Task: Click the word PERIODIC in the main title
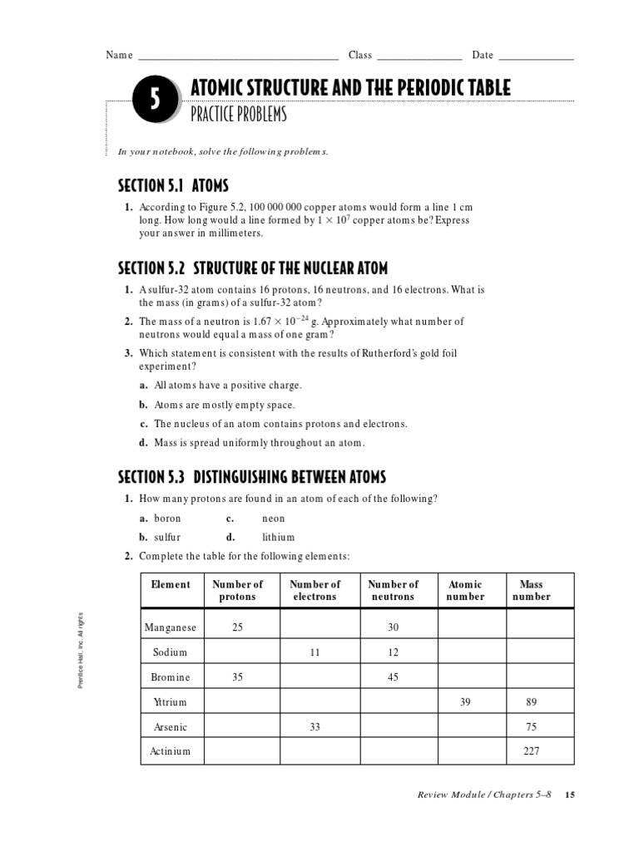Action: (x=409, y=87)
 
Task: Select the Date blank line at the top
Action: (x=536, y=57)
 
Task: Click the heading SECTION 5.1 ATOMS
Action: (x=173, y=185)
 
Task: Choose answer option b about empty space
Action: (x=224, y=405)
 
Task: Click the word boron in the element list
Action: (x=167, y=518)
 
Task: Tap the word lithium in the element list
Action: (x=279, y=537)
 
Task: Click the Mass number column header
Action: (x=531, y=590)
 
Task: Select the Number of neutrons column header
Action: (x=394, y=590)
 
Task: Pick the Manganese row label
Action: (x=171, y=627)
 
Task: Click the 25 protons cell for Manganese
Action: (x=238, y=627)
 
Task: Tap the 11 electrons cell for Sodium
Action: (x=315, y=652)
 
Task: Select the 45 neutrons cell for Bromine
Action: (x=394, y=677)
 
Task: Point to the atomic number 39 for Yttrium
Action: (x=465, y=702)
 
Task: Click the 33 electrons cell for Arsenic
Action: (x=315, y=727)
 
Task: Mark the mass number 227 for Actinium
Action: (x=531, y=751)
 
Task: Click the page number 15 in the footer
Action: (x=570, y=795)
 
